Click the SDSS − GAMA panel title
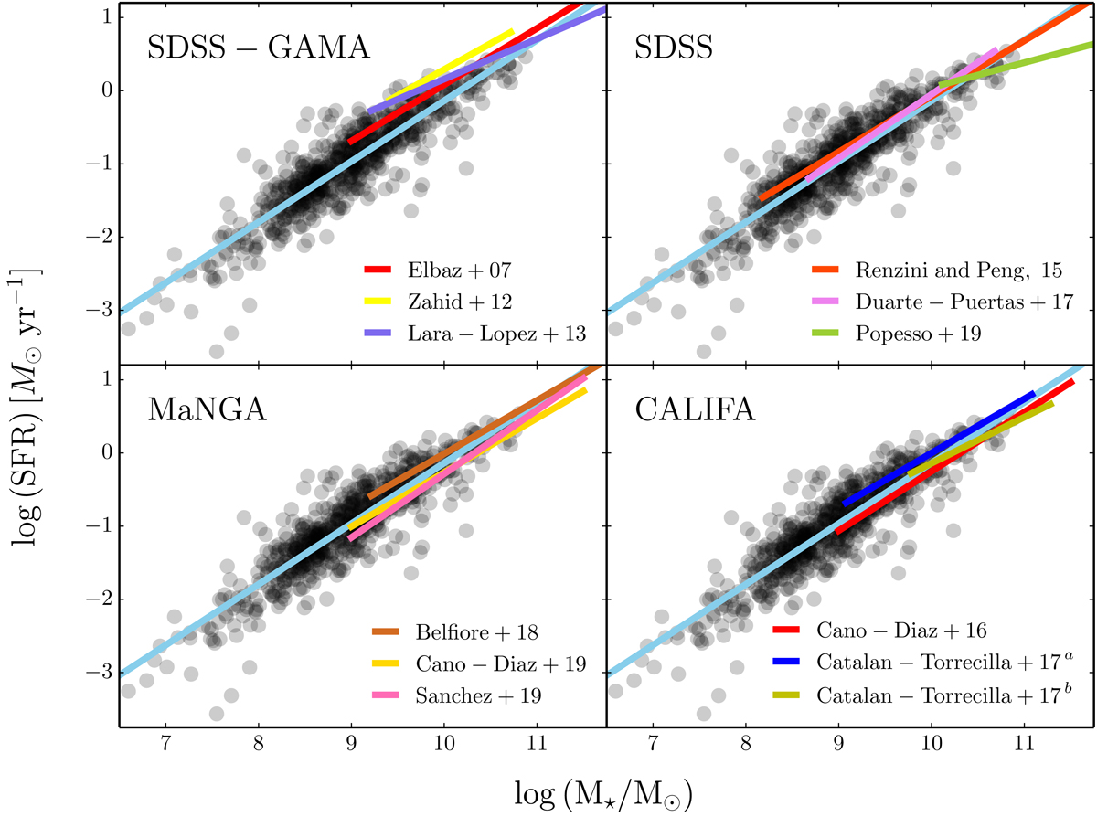259,47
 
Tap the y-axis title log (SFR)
28,366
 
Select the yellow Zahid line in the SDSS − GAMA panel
448,65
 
